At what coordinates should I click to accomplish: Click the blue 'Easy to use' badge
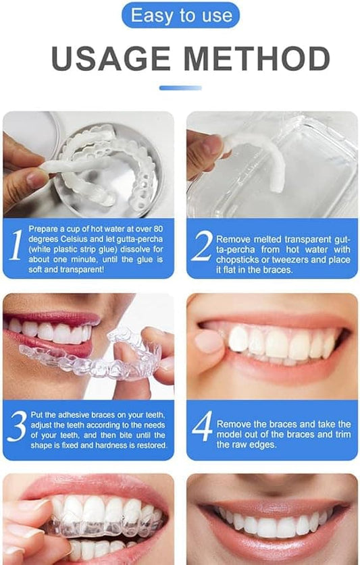[180, 15]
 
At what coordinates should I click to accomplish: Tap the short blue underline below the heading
[180, 88]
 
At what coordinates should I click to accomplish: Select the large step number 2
[201, 248]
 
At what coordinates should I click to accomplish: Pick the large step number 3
[17, 426]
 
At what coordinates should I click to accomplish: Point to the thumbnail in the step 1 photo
[37, 179]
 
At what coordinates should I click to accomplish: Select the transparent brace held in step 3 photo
[128, 351]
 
